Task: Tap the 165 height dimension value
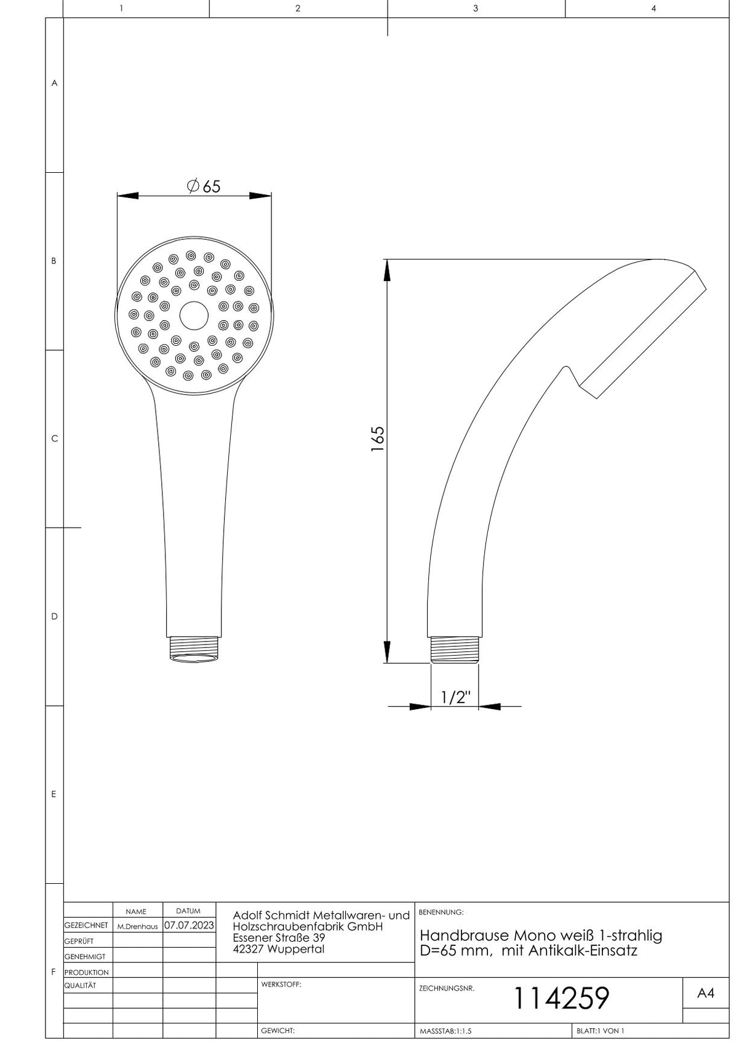pos(377,439)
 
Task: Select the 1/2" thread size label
pos(455,697)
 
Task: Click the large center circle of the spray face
pos(194,316)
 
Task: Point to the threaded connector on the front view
pos(194,649)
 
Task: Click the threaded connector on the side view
pos(454,649)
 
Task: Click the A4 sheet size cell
pos(706,993)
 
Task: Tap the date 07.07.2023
pos(189,925)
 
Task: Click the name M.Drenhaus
pos(137,926)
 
